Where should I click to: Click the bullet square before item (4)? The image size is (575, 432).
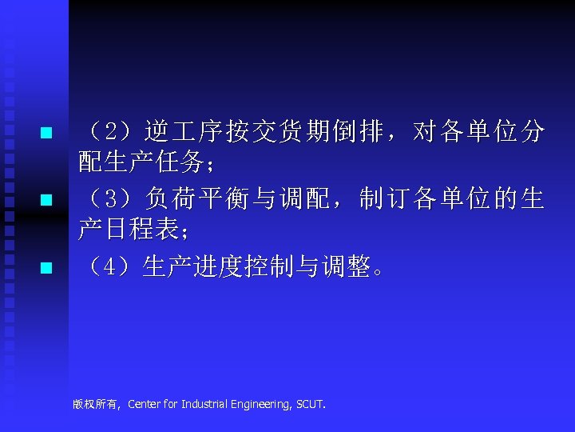46,267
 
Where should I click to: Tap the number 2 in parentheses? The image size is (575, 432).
113,131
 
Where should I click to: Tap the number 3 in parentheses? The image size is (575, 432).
113,198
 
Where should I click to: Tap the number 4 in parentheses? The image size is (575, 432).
113,266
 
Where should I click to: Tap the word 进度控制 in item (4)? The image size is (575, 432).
249,266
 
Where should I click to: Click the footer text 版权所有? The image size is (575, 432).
95,404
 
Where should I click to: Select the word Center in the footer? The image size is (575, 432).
144,404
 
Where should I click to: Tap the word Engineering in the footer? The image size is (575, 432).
263,404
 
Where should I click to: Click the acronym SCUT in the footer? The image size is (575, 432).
310,404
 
